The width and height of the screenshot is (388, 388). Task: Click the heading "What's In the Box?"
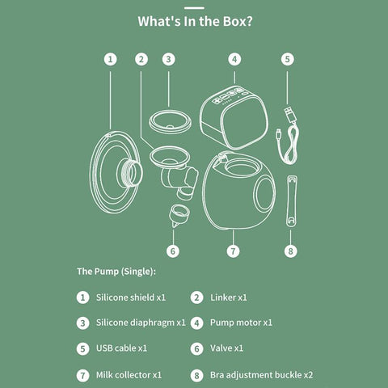coord(195,21)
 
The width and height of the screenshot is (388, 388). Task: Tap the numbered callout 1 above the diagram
coord(111,59)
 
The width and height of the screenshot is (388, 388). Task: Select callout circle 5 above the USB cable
coord(288,59)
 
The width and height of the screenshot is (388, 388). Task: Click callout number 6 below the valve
coord(173,251)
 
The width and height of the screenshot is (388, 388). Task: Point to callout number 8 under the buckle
coord(291,251)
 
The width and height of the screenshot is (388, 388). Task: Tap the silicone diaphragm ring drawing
coord(171,122)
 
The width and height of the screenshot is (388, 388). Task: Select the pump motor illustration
coord(234,117)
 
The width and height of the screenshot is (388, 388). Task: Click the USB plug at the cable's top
coord(290,114)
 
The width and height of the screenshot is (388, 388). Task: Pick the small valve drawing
coord(179,215)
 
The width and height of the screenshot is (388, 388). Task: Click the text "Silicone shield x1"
coord(131,297)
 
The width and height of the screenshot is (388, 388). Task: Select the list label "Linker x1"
coord(229,297)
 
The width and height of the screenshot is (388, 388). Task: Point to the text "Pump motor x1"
coord(241,323)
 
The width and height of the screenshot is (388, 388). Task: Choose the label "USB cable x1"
coord(121,348)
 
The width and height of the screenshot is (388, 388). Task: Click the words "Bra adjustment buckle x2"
coord(262,375)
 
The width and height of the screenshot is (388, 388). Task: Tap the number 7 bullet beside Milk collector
coord(82,375)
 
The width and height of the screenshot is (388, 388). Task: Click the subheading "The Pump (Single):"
coord(116,272)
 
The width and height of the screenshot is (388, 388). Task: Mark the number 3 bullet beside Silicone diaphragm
coord(82,323)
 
